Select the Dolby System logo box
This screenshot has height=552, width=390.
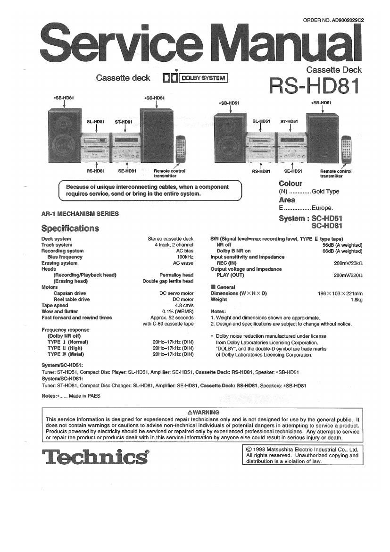pos(195,78)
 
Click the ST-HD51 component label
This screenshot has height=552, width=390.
pos(289,122)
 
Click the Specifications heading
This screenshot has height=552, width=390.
pos(70,229)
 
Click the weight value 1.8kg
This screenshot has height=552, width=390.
pos(356,300)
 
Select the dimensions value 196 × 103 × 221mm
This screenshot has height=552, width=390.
pos(340,293)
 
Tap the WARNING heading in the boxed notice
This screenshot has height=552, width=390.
pos(203,412)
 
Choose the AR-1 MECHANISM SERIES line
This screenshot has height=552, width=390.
pos(80,214)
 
